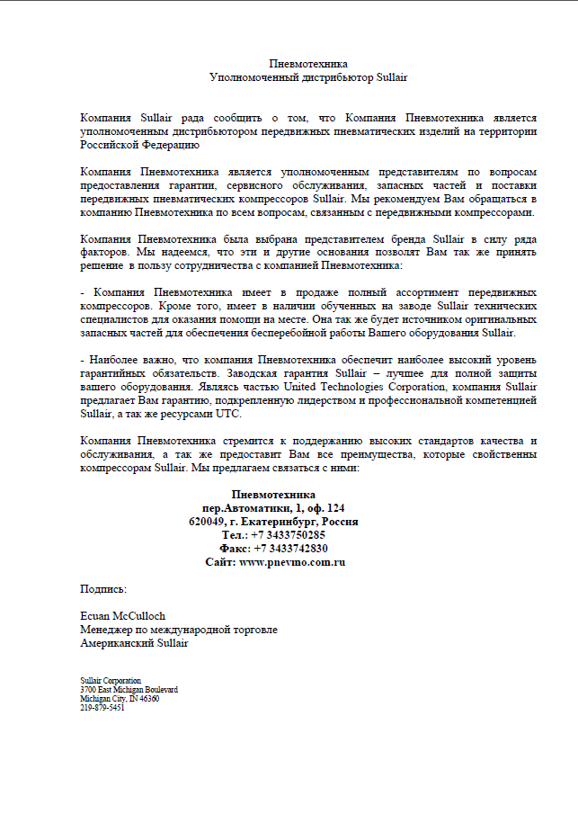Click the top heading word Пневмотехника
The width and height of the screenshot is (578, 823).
308,64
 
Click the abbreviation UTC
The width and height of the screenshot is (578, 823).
228,414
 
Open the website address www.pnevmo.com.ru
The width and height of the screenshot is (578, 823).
291,561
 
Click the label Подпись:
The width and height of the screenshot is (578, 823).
103,588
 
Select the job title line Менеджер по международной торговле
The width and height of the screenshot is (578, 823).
179,630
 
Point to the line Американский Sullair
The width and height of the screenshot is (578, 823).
135,643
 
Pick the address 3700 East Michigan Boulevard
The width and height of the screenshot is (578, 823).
129,690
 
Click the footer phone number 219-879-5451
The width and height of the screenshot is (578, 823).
102,708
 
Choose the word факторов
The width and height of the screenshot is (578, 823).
102,253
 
